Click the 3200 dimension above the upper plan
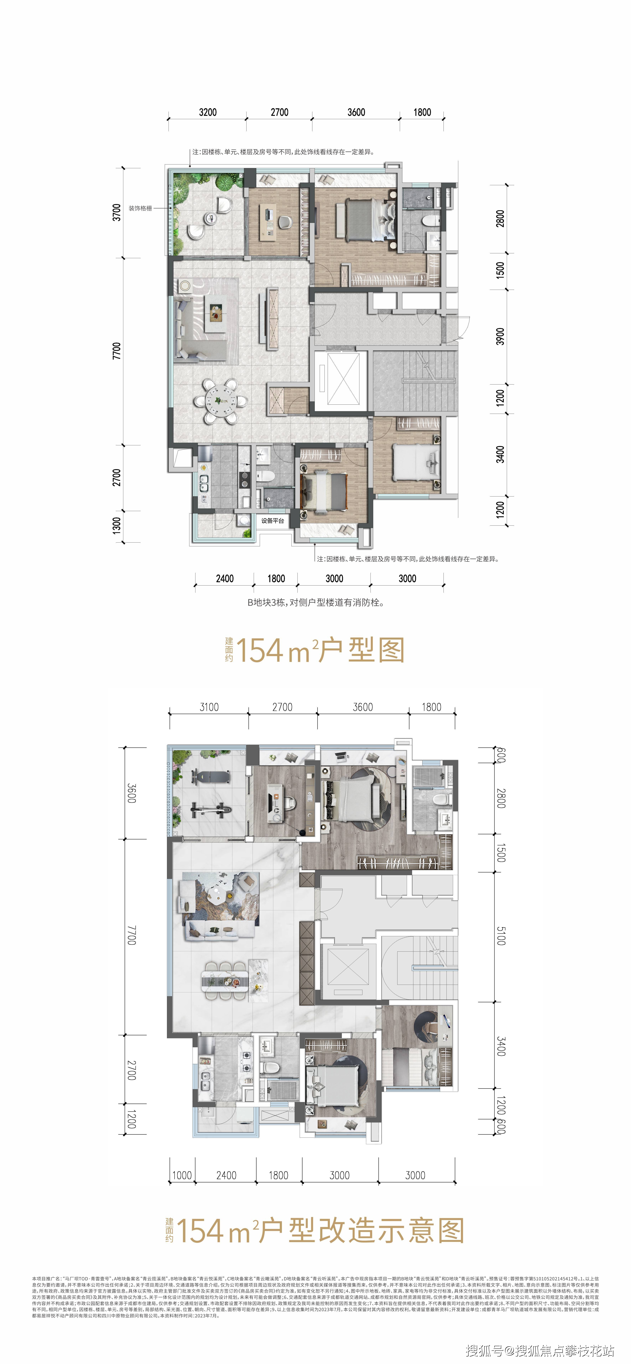(x=208, y=112)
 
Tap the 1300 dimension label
(x=116, y=526)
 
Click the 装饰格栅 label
(x=140, y=208)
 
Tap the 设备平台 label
(x=272, y=520)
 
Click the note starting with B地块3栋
(x=315, y=603)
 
